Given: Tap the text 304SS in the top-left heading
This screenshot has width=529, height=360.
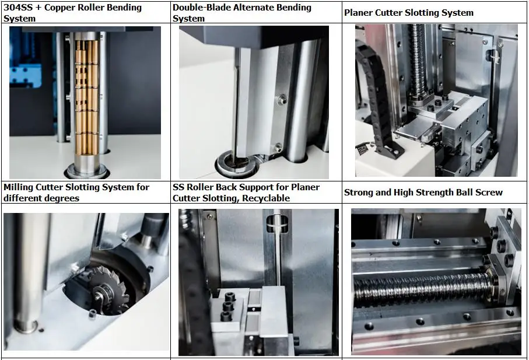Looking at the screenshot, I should [17, 8].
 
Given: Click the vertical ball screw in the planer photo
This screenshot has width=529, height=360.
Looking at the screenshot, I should [419, 64].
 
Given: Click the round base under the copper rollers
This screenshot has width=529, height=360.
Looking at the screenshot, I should [86, 170].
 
